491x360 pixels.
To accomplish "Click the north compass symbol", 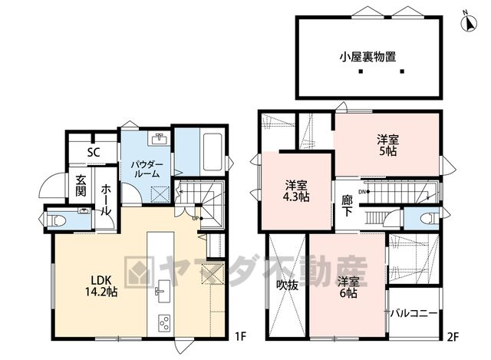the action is point(469,22).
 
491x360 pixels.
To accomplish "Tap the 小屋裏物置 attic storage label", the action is point(368,57).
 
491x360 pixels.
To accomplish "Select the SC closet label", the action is point(94,152).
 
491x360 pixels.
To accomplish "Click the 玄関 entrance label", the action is point(81,185).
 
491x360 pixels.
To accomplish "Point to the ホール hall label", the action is point(106,200).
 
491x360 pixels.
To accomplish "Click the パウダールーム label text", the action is point(147,169).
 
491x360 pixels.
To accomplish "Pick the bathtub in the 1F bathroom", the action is point(213,152).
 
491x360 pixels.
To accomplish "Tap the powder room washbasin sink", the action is point(160,138).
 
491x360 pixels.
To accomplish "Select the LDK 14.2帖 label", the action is point(101,286).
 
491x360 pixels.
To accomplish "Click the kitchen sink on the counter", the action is point(163,291).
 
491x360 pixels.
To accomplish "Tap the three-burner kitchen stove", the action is point(163,322).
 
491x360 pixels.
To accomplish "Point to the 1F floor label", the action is point(242,337).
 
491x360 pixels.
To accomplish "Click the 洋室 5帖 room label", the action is point(388,145).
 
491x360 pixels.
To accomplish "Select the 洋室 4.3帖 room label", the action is point(296,191).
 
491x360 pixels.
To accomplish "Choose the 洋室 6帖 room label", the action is point(348,287).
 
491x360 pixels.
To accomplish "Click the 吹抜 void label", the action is point(287,285).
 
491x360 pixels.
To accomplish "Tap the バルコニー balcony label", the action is point(414,313).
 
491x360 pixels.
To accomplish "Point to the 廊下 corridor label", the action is point(347,205).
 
